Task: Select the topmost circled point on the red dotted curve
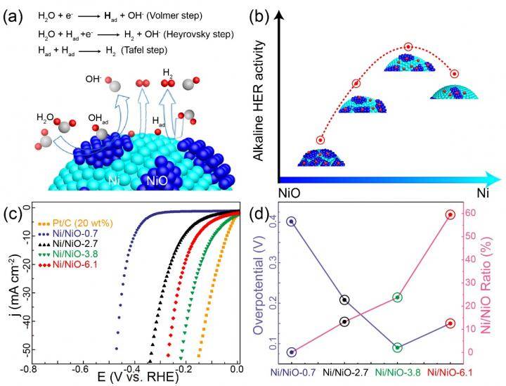click(x=408, y=47)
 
